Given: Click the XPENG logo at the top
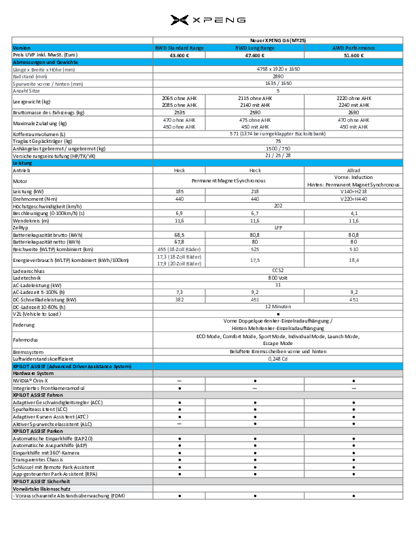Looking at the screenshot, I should coord(207,20).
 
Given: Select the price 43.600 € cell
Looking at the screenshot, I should coord(179,55).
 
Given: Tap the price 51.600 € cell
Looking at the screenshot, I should coord(353,55).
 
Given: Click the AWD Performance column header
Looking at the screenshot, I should coord(353,48).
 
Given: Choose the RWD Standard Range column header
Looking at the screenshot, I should coord(179,48).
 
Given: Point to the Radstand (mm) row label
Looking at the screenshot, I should coord(30,76).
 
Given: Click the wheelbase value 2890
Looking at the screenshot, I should coord(278,76).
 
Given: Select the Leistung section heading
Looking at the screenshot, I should coord(22,163).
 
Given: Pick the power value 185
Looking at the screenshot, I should coord(179,193).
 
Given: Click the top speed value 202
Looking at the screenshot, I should coord(278,206).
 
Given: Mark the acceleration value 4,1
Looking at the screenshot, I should coord(353,213).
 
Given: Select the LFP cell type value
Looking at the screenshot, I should coord(278,227).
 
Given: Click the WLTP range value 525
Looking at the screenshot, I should coord(256,248).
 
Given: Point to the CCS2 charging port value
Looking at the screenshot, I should coord(278,270).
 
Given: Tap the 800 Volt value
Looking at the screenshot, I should coord(278,278).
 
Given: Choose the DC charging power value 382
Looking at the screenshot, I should coord(179,299).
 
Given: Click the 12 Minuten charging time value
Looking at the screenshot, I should coord(278,306).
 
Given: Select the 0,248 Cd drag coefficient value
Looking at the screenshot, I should coord(278,358).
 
